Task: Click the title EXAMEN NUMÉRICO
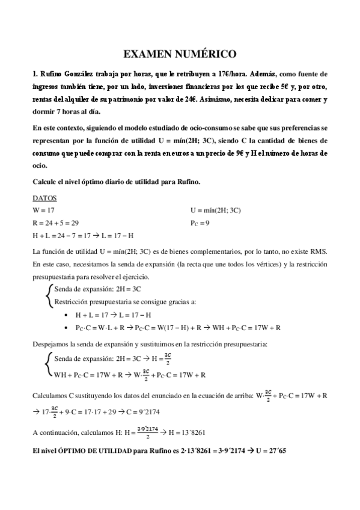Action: pos(180,54)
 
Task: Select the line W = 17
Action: pos(44,210)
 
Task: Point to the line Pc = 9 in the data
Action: pos(200,223)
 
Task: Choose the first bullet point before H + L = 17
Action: pos(66,315)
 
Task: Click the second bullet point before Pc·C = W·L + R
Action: pos(66,328)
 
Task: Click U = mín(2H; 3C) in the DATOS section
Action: pos(215,210)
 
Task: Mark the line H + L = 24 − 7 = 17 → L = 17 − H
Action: pos(83,235)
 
